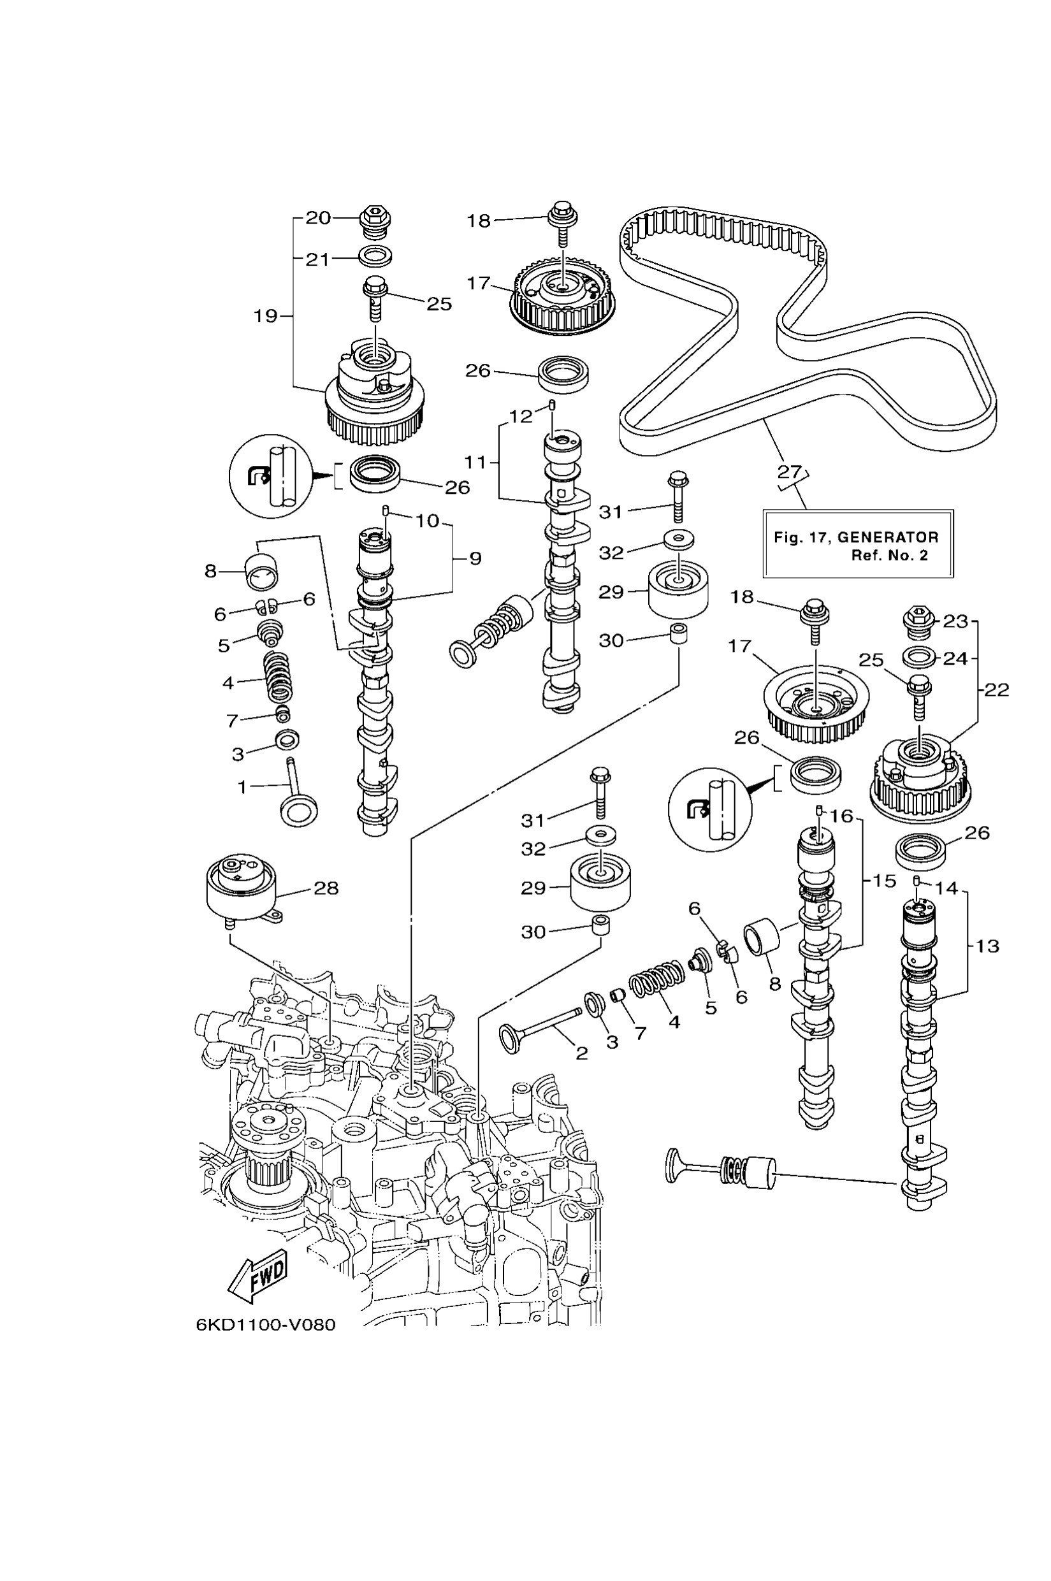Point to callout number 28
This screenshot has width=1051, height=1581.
click(x=326, y=888)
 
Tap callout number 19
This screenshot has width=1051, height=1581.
click(x=266, y=315)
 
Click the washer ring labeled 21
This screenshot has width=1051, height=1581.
click(x=375, y=256)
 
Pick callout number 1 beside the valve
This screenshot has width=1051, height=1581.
click(x=243, y=787)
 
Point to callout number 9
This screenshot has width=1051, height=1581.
click(x=475, y=558)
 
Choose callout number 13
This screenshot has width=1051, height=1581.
click(x=987, y=946)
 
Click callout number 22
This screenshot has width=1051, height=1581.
click(x=996, y=689)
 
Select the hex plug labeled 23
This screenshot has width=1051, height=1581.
click(x=919, y=621)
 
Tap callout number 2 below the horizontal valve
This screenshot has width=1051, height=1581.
click(x=582, y=1053)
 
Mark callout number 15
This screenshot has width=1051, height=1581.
click(x=885, y=881)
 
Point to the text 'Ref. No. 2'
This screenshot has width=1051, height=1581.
click(x=890, y=556)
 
